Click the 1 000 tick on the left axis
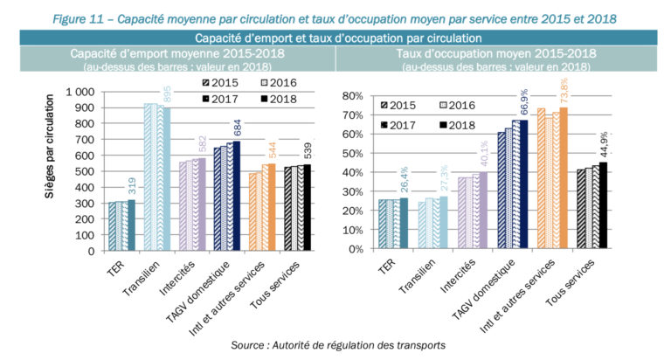(x=80, y=92)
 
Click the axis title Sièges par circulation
(x=52, y=170)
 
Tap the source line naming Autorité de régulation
(x=337, y=346)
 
